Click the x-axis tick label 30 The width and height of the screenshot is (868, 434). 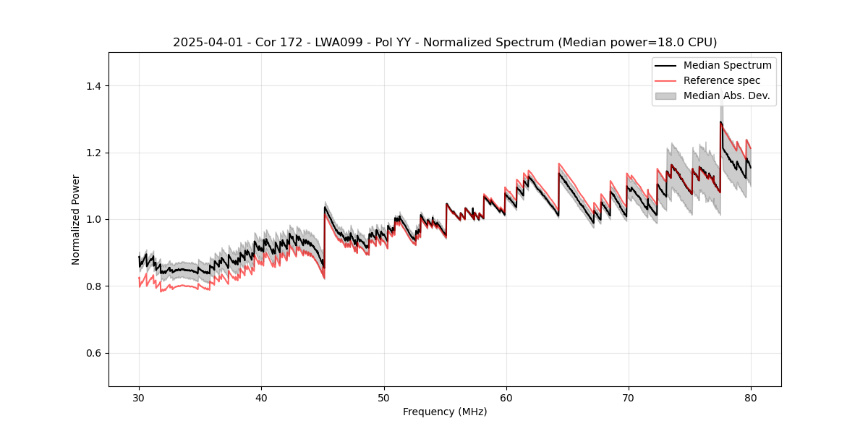[139, 398]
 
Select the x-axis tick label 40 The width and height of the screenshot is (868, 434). [261, 398]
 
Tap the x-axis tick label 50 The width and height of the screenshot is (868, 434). [383, 398]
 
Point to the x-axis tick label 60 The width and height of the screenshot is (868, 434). [506, 398]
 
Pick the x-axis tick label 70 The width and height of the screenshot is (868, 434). [628, 398]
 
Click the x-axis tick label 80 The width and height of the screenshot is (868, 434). [750, 398]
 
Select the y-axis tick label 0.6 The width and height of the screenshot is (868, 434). [93, 353]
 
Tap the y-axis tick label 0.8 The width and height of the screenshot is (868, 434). [93, 286]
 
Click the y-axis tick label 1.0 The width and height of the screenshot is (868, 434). [93, 219]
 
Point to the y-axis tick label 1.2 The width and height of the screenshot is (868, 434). [93, 153]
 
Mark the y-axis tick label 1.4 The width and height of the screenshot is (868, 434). [93, 86]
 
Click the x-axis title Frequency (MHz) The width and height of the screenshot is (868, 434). [445, 412]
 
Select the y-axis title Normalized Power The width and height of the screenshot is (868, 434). [76, 219]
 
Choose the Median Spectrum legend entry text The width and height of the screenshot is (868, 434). [727, 65]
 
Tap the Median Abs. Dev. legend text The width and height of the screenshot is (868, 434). [726, 95]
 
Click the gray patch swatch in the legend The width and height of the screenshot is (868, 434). [665, 95]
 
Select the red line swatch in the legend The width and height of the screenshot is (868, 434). [665, 80]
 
